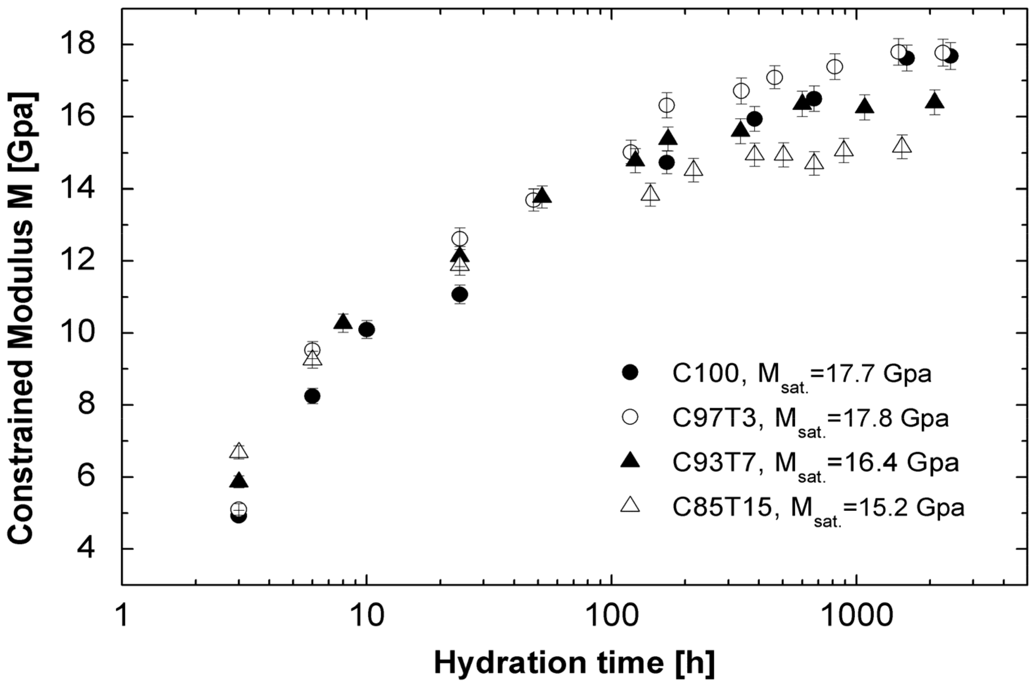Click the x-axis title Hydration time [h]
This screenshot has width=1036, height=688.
point(574,663)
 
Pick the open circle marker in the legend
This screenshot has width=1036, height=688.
point(630,417)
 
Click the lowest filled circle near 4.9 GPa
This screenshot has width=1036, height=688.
point(238,516)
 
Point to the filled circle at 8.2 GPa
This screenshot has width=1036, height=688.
point(312,396)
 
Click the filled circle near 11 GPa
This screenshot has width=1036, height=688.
point(460,294)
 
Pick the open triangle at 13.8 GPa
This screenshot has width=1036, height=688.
point(651,194)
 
